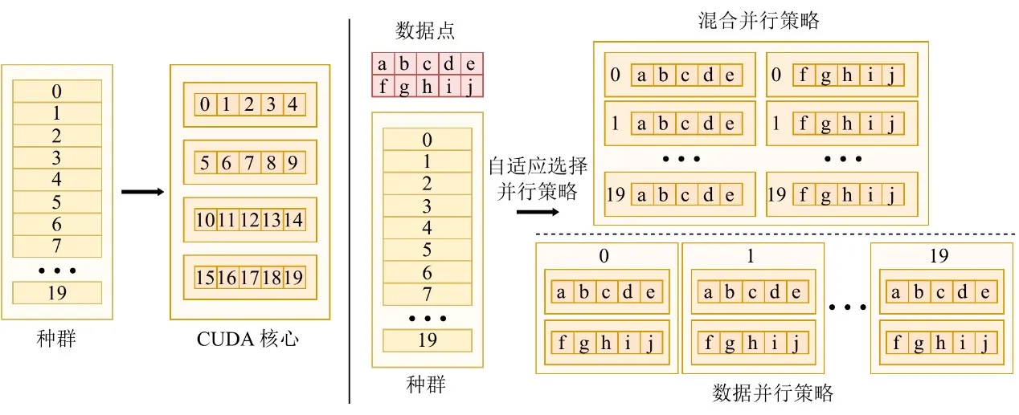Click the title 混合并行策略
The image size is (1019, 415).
click(759, 21)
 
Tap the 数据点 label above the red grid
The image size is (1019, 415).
click(425, 31)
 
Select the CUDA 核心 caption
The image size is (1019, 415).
click(248, 339)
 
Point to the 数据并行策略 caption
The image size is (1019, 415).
click(772, 393)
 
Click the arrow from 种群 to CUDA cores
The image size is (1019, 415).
click(142, 192)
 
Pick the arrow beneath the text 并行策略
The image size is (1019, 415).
click(538, 212)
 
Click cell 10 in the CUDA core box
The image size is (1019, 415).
click(205, 221)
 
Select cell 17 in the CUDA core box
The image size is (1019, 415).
click(250, 278)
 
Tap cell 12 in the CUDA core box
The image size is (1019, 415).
click(250, 221)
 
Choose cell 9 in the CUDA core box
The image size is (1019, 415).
click(294, 163)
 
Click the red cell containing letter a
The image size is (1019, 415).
click(383, 63)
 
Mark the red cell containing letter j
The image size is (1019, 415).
click(472, 86)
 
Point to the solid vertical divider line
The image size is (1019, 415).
click(350, 211)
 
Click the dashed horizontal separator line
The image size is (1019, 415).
click(776, 234)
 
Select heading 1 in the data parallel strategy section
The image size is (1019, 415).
click(751, 256)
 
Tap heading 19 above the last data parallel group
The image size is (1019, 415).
click(939, 256)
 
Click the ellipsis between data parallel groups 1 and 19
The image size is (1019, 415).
click(847, 307)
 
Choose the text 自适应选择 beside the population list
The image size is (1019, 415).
click(538, 166)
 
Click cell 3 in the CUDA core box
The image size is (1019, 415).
click(272, 104)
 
